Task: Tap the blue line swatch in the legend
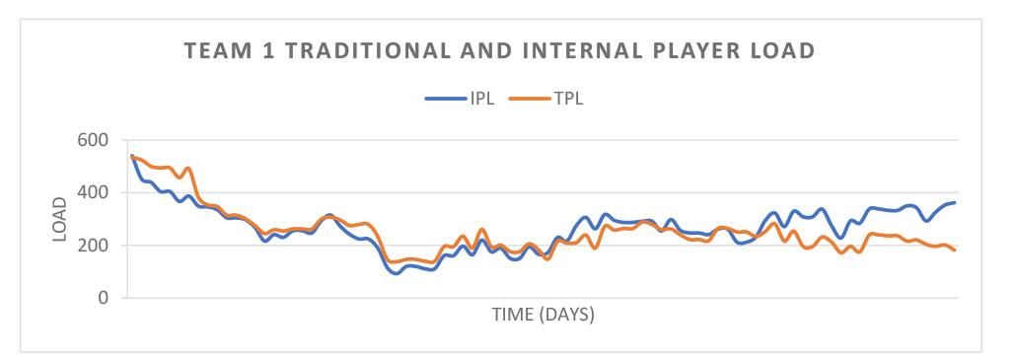[445, 98]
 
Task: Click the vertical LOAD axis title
[60, 219]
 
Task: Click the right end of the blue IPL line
[955, 202]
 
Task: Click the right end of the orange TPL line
[955, 250]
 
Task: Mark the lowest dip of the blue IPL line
[397, 273]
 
